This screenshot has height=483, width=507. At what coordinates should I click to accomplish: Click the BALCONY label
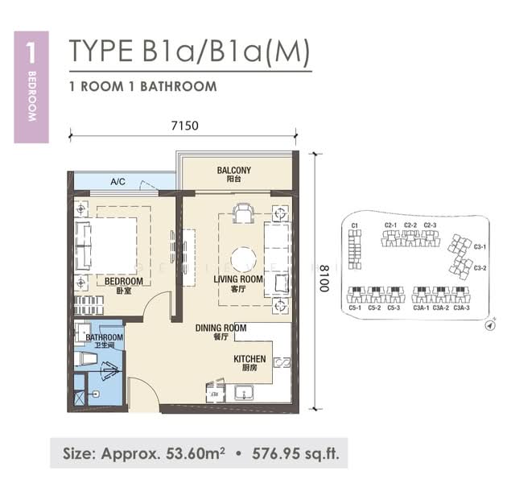[233, 171]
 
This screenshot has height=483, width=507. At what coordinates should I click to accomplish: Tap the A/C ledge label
[117, 183]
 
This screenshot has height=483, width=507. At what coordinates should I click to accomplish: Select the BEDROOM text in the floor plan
[123, 282]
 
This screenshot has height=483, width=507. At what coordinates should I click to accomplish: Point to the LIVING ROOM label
[238, 279]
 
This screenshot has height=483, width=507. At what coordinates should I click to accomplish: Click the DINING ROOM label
[221, 328]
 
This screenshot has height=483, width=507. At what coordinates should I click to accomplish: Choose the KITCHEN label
[249, 359]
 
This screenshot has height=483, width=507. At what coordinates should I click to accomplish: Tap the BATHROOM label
[105, 337]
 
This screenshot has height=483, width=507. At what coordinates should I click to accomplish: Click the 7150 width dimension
[184, 125]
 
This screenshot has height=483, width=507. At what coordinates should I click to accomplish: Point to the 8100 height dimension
[324, 279]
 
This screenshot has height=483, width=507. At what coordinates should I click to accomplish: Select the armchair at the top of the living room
[242, 214]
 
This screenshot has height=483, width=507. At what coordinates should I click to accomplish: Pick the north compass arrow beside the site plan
[488, 328]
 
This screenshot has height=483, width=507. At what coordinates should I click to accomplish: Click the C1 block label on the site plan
[353, 225]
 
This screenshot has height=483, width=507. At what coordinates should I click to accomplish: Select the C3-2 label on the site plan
[480, 267]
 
